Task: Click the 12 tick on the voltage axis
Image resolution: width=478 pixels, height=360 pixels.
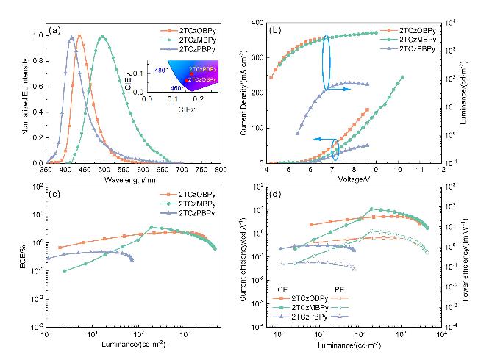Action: pos(440,169)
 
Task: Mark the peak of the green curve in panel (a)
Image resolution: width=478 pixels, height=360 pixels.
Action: pos(103,37)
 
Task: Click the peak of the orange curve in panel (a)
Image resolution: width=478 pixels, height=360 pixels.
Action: pos(79,35)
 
